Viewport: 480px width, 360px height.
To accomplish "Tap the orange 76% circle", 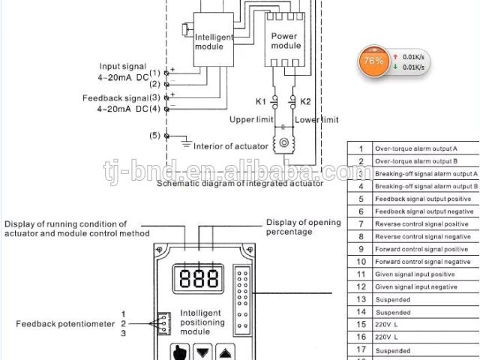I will [x=373, y=61].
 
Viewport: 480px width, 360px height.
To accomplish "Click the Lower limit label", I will [x=316, y=120].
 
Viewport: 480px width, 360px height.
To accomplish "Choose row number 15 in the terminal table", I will [x=361, y=324].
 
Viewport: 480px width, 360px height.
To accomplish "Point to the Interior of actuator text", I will [x=230, y=146].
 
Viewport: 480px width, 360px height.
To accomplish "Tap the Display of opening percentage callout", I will [x=304, y=226].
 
